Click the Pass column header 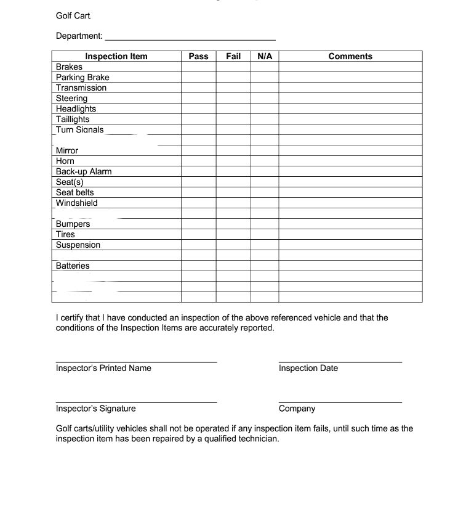coord(198,56)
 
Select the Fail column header coord(233,56)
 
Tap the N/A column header coord(265,56)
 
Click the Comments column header coord(350,56)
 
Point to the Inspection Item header coord(116,56)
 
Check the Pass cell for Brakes coord(198,67)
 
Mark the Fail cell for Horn coord(233,161)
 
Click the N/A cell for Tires coord(265,234)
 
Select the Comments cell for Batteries coord(350,266)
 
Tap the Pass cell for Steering coord(198,98)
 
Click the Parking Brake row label coord(82,77)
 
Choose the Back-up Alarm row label coord(84,171)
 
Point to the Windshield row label coord(77,203)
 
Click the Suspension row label coord(78,245)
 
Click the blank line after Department coord(191,37)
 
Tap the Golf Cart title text coord(73,15)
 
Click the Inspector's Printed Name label coord(103,368)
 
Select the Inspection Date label coord(308,368)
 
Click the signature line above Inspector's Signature coord(136,401)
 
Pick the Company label coord(297,409)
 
